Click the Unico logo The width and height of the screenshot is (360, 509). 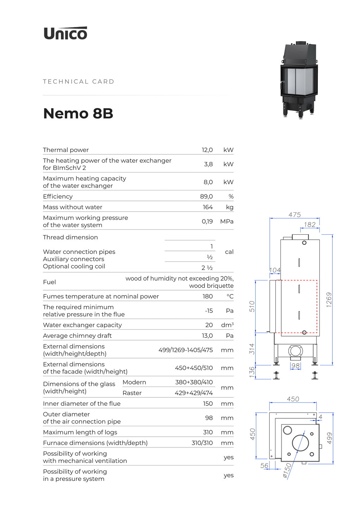click(66, 33)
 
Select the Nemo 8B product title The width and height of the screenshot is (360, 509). click(78, 113)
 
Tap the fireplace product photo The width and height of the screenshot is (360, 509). click(299, 80)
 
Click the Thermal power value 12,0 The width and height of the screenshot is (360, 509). click(207, 150)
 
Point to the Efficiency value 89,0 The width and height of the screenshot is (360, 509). click(206, 196)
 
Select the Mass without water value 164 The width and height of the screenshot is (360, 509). click(208, 207)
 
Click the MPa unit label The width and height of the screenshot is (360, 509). click(227, 221)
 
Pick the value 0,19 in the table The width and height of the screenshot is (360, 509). click(207, 221)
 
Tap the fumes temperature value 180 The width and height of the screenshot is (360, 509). click(208, 296)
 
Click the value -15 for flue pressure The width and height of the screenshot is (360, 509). click(209, 311)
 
